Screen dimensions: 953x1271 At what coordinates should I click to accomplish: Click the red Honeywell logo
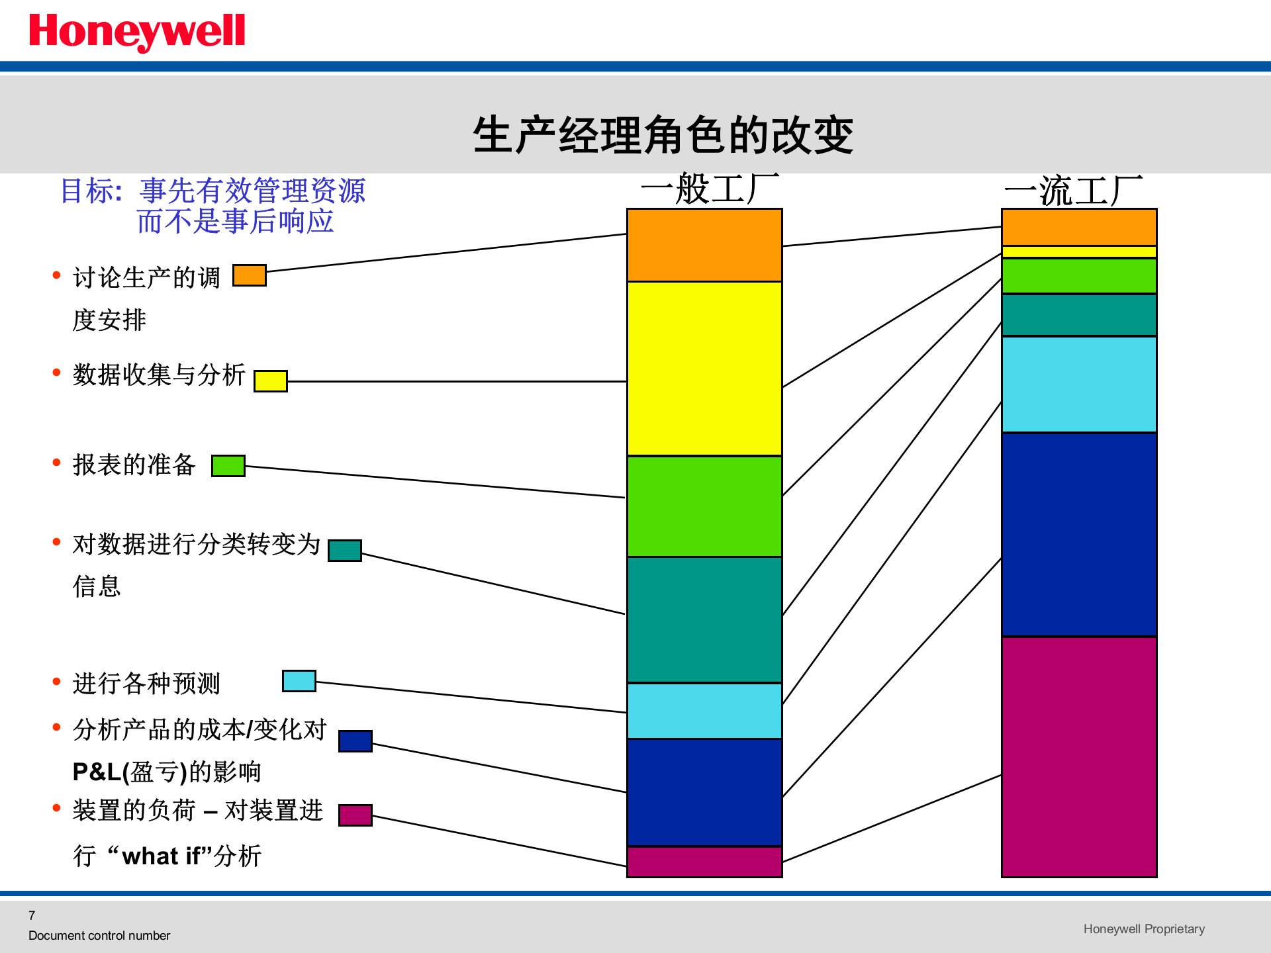pyautogui.click(x=137, y=31)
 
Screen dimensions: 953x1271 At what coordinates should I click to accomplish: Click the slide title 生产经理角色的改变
pyautogui.click(x=663, y=135)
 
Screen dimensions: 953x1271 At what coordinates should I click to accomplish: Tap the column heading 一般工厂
pyautogui.click(x=709, y=189)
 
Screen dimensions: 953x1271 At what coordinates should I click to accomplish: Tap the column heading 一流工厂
pyautogui.click(x=1073, y=191)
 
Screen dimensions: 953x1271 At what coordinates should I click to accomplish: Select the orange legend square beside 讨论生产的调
pyautogui.click(x=250, y=275)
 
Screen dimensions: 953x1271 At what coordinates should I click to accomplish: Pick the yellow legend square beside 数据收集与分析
pyautogui.click(x=271, y=381)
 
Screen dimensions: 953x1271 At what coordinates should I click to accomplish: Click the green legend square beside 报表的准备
pyautogui.click(x=228, y=466)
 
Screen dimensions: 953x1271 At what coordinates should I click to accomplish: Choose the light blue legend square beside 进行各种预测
pyautogui.click(x=299, y=681)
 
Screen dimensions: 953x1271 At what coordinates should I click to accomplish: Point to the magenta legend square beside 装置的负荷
pyautogui.click(x=355, y=815)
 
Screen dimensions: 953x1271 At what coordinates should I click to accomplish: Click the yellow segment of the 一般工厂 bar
pyautogui.click(x=704, y=369)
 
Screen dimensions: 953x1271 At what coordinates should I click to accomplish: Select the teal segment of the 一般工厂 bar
pyautogui.click(x=704, y=619)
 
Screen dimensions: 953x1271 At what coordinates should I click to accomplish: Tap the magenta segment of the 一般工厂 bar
pyautogui.click(x=704, y=862)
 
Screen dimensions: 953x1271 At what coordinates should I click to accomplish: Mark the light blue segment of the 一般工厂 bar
pyautogui.click(x=704, y=711)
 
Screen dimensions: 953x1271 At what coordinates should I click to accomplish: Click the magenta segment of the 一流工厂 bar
pyautogui.click(x=1079, y=756)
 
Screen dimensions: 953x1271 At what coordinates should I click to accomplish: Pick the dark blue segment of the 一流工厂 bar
pyautogui.click(x=1079, y=535)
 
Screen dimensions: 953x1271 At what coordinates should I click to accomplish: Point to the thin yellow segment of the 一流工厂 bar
pyautogui.click(x=1079, y=252)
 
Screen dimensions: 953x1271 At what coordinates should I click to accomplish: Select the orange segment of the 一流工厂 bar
pyautogui.click(x=1079, y=227)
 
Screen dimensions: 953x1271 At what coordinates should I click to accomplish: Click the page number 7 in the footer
pyautogui.click(x=32, y=915)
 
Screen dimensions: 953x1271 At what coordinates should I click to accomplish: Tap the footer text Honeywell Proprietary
pyautogui.click(x=1144, y=929)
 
